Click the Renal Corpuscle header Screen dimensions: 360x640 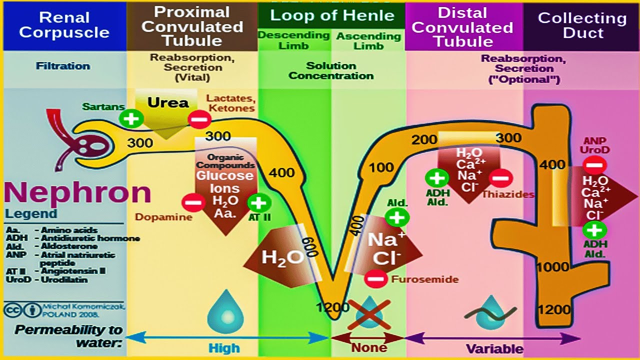coord(64,25)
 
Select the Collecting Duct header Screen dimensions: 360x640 coord(582,25)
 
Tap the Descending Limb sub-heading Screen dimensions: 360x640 coord(294,40)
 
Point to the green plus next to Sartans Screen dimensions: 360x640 coord(131,118)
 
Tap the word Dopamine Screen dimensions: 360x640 coord(163,217)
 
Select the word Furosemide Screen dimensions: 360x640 coord(424,279)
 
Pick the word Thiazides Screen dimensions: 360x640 coord(508,194)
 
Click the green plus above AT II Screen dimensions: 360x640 coord(259,203)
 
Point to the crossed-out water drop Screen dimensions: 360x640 coord(369,313)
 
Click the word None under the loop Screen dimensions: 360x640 coord(369,347)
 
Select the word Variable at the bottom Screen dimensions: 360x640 coord(494,348)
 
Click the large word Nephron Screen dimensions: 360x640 coord(77,192)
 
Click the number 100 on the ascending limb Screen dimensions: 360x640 coord(381,167)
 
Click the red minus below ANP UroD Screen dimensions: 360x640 coord(594,165)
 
